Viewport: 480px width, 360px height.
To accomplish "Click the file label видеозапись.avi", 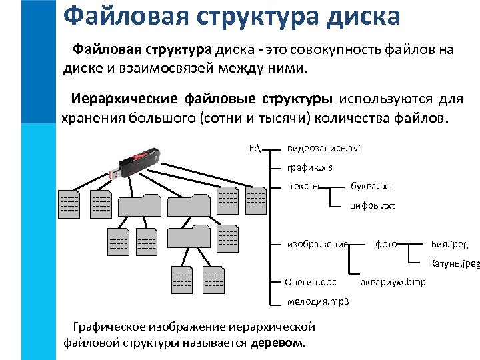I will tap(323, 148).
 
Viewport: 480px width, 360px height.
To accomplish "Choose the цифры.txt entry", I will tap(373, 205).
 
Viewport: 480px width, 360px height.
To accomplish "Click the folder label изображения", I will tap(317, 244).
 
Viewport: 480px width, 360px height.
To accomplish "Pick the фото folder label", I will tap(386, 244).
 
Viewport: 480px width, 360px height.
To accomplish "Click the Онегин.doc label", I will tap(311, 282).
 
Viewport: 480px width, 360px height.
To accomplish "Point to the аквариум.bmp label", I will tap(393, 282).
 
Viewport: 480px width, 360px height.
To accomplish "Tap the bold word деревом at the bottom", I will tap(277, 343).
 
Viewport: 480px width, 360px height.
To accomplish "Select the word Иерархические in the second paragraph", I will tap(125, 100).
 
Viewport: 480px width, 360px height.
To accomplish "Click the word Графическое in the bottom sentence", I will tap(113, 327).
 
